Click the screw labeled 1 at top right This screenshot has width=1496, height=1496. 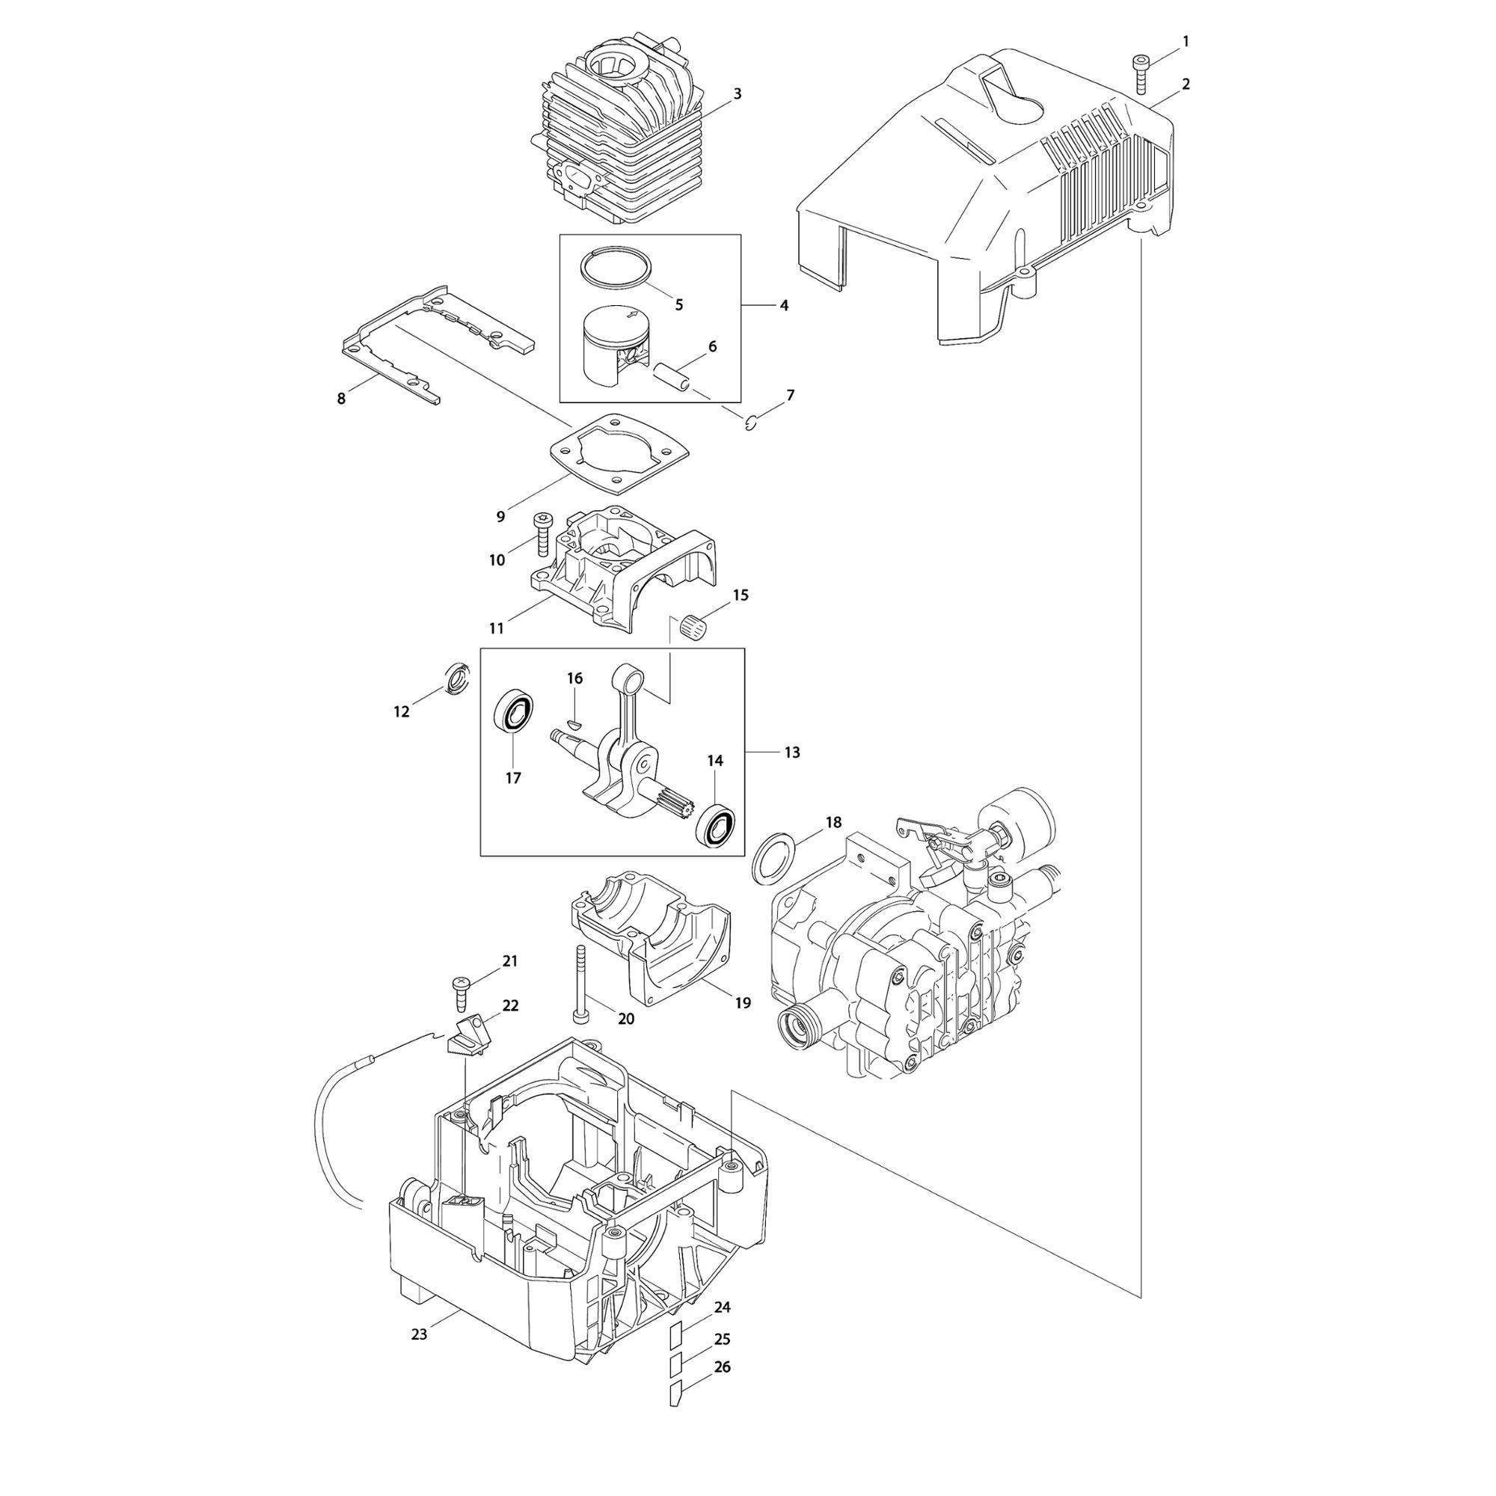tap(1141, 74)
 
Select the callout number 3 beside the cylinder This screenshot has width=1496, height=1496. tap(738, 93)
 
